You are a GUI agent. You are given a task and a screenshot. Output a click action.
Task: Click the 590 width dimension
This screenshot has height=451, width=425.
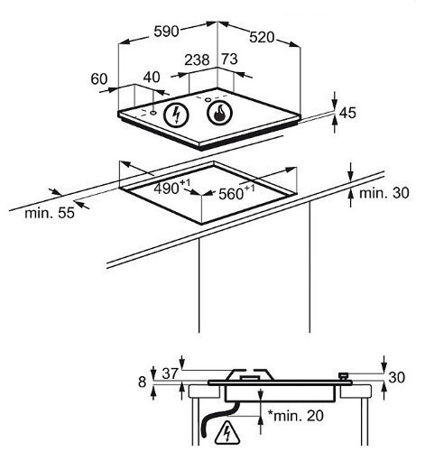point(166,32)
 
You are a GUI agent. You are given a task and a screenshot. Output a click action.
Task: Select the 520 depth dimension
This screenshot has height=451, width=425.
point(262,37)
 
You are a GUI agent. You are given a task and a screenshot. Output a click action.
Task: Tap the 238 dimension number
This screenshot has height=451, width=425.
point(197,60)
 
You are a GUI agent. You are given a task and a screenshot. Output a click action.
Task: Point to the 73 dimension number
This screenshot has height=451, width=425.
point(229,59)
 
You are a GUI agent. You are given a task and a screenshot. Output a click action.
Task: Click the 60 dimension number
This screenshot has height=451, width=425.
point(99,79)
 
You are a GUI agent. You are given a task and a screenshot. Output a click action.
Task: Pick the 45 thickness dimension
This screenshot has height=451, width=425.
point(347,113)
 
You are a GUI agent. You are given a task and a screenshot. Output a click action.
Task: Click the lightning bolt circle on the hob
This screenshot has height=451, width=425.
point(177,115)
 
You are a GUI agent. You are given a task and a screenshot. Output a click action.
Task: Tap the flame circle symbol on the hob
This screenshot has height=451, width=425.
point(220,113)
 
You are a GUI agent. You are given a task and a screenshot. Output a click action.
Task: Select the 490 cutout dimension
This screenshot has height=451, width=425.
point(171,187)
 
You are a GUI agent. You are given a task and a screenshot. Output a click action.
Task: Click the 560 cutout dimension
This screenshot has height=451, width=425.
point(236,193)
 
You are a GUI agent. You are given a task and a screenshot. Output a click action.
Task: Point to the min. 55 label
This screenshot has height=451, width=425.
point(50,213)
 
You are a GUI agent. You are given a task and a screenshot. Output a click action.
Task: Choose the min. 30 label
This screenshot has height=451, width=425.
point(384,193)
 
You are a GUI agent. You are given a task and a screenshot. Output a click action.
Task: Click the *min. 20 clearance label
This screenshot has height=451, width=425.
point(296,416)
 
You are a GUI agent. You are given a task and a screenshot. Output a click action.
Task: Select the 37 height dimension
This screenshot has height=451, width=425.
point(171,373)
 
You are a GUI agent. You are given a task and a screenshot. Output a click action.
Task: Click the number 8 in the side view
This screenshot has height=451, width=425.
point(142,382)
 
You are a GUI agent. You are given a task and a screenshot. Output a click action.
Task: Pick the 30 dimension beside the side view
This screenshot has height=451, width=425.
point(397,377)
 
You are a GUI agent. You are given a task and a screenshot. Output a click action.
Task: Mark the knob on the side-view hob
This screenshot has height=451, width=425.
point(343,376)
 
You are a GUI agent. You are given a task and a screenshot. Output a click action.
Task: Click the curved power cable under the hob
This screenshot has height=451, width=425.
point(219,419)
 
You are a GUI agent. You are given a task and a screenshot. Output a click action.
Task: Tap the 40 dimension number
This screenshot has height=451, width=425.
point(152,78)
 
